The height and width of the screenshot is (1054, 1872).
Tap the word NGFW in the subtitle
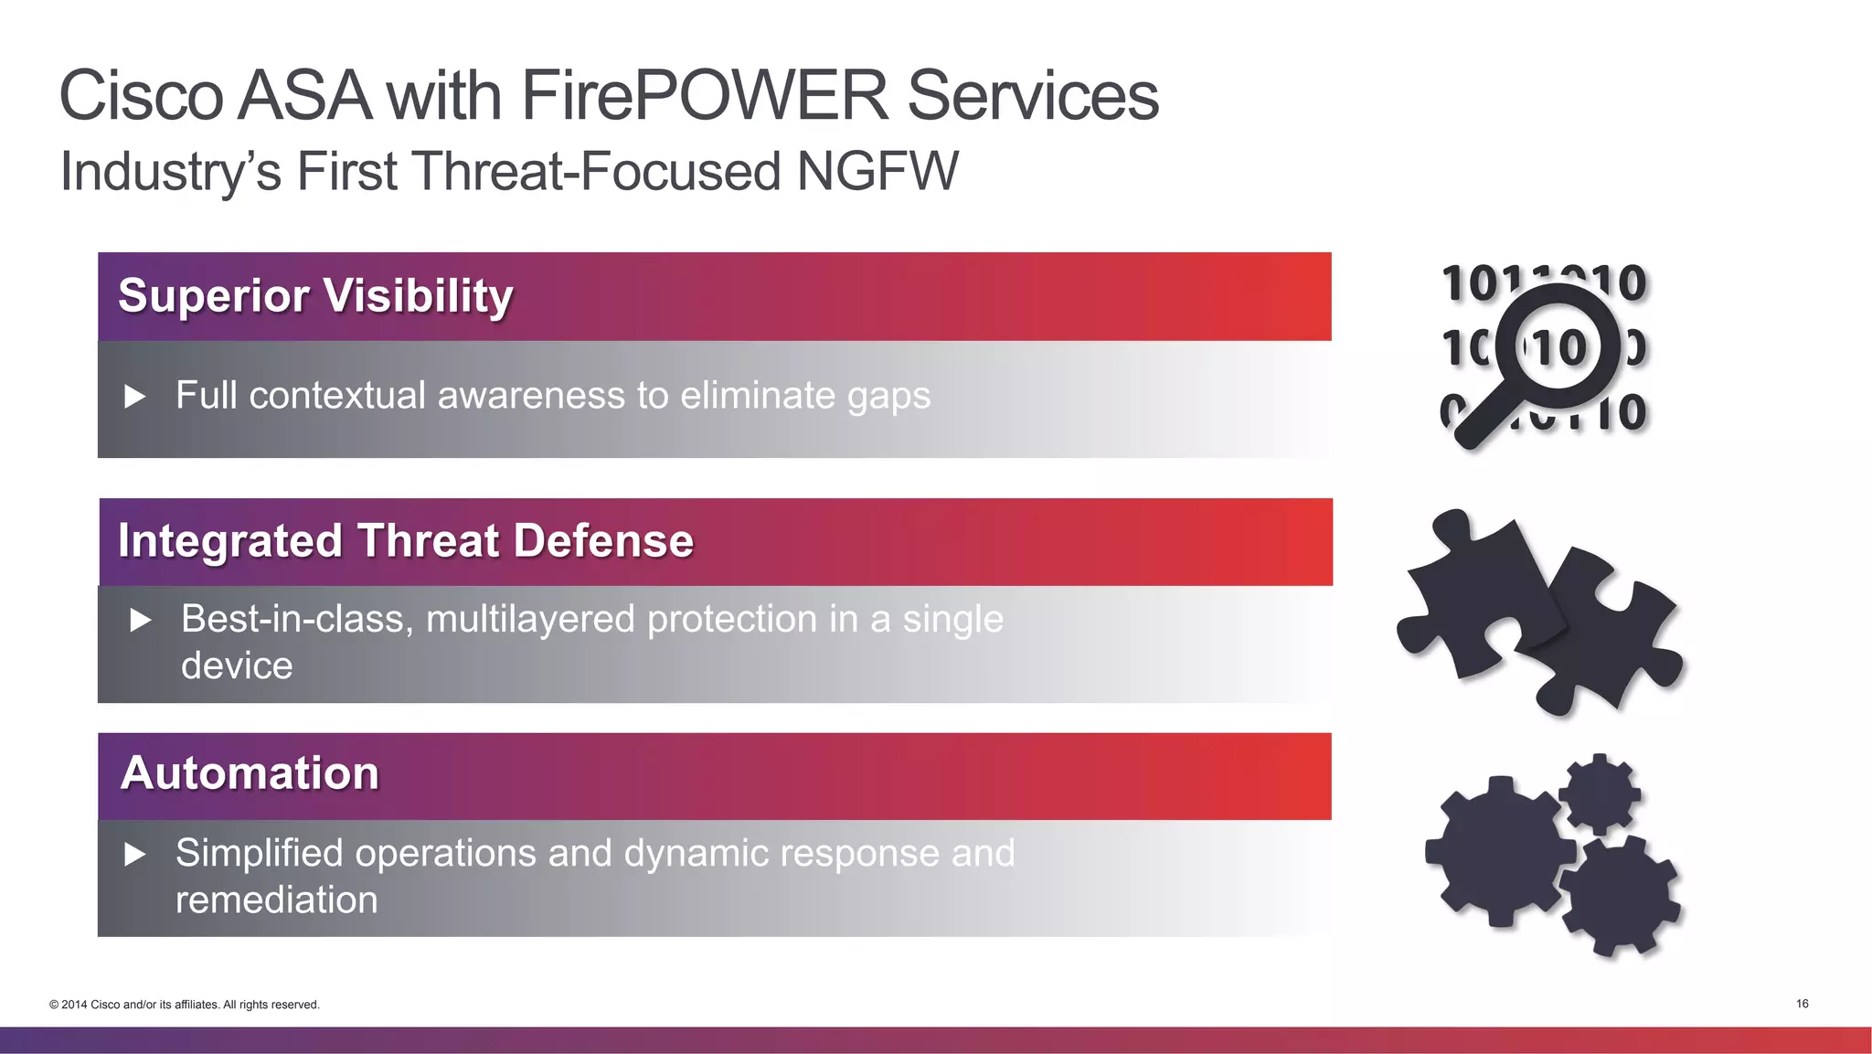tap(877, 171)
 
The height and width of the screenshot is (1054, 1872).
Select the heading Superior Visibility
tap(315, 296)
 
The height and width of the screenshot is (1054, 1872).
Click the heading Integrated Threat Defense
tap(406, 540)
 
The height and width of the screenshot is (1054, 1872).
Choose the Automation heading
tap(250, 773)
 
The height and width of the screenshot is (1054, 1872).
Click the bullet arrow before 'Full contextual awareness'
tap(135, 397)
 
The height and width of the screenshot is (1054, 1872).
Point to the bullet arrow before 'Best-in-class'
tap(141, 621)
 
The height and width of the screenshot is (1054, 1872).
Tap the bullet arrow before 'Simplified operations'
tap(135, 855)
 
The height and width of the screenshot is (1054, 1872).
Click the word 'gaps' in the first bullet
tap(888, 397)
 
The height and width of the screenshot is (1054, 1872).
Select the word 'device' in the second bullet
tap(237, 666)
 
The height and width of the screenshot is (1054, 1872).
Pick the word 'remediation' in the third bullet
tap(276, 900)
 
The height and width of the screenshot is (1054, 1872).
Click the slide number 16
tap(1802, 1004)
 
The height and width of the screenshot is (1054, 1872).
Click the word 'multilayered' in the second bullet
tap(530, 620)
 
